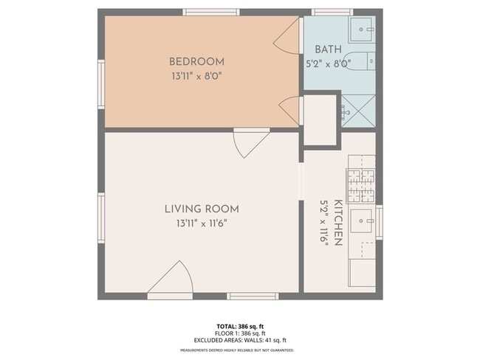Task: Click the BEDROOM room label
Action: pos(196,61)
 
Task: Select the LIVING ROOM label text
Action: pos(202,209)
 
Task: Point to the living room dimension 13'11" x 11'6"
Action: pos(202,222)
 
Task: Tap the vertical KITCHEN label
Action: pos(337,222)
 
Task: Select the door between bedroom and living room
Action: pos(250,142)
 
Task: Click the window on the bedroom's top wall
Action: pos(211,12)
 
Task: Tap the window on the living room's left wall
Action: pos(101,217)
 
